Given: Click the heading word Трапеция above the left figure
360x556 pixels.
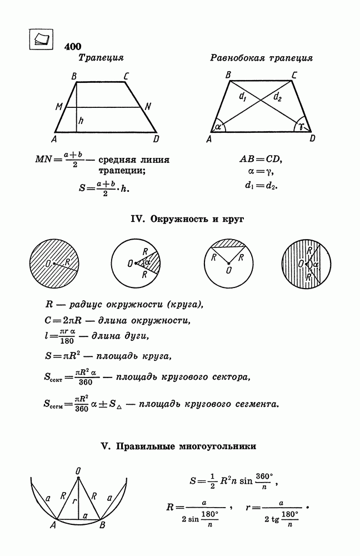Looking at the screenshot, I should point(101,58).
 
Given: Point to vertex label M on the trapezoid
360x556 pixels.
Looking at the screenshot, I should point(59,106).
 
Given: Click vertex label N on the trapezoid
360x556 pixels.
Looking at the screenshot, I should point(148,106).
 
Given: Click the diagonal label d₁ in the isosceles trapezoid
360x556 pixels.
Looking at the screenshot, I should point(243,98).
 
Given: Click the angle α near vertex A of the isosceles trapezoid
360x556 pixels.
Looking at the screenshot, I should point(217,126).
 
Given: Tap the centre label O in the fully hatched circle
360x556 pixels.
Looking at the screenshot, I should point(48,262).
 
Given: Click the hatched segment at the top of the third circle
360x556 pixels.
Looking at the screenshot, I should point(229,245).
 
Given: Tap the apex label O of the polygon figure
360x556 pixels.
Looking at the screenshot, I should point(78,471).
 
